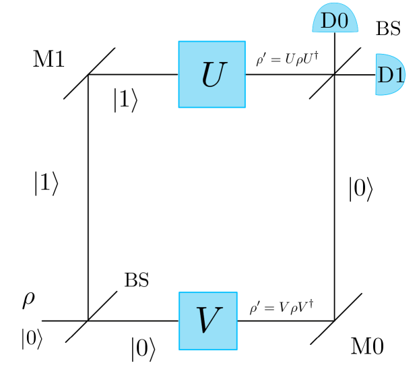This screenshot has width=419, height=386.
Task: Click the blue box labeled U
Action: click(x=211, y=74)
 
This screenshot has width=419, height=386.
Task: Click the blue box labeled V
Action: click(x=207, y=321)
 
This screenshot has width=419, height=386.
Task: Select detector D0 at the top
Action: click(x=334, y=20)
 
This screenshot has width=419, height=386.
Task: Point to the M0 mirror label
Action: click(x=367, y=348)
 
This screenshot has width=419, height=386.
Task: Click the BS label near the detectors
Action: click(x=387, y=29)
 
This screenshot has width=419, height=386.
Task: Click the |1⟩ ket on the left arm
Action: click(x=46, y=184)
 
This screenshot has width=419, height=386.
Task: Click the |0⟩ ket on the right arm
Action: click(x=360, y=191)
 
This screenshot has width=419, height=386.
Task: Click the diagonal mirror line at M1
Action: click(x=90, y=73)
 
